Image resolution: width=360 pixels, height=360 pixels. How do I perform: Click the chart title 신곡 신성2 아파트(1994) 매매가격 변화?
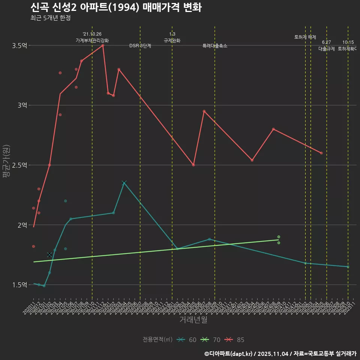coord(116,7)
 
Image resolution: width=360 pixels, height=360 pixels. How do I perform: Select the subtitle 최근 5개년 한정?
coord(50,18)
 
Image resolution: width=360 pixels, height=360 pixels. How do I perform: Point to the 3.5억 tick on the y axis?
coord(19,46)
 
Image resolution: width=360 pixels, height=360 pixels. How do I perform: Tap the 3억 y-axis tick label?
coord(22,105)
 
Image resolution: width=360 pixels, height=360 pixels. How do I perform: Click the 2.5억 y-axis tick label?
coord(19,165)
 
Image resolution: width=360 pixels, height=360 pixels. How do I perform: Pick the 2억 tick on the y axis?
coord(22,225)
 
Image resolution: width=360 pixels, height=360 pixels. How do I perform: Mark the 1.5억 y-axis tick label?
coord(19,285)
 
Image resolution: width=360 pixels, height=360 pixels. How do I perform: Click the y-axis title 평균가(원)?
coord(6,162)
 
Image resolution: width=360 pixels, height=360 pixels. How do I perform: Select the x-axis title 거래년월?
coord(193,320)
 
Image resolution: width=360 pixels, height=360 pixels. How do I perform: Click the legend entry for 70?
coord(211,340)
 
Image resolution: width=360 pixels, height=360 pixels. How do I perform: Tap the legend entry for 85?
coord(235,340)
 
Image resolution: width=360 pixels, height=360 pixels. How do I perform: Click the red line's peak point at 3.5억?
coord(103,45)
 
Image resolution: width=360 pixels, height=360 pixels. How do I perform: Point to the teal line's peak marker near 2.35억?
coord(124,183)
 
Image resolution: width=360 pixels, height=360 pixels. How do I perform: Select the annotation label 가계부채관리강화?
coord(92,40)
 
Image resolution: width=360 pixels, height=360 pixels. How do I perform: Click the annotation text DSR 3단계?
coord(140,46)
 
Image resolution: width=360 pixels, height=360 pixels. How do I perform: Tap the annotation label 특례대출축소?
coord(215,46)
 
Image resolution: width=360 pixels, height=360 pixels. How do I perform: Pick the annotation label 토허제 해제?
coord(305,37)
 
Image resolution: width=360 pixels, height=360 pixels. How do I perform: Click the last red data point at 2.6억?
coord(321,153)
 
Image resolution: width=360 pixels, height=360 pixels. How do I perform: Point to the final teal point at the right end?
coord(348,267)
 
